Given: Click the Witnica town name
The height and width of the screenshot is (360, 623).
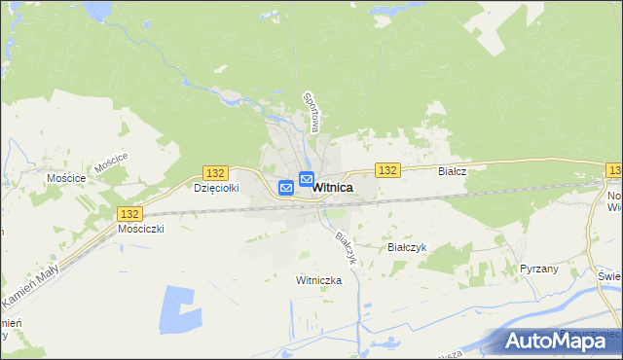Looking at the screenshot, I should [x=333, y=187].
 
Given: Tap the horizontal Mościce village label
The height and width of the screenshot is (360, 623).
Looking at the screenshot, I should [x=66, y=179].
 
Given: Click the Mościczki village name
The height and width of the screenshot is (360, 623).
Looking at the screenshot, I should [x=141, y=229].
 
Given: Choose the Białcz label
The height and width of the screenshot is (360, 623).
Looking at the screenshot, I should [x=453, y=170].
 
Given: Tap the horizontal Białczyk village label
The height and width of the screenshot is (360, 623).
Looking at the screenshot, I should [x=407, y=247].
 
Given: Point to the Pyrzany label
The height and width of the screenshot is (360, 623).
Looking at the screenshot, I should [x=539, y=268].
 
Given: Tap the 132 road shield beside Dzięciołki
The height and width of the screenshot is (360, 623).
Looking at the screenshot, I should [x=216, y=172].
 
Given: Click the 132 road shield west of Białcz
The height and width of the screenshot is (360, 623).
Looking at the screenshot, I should [x=387, y=169].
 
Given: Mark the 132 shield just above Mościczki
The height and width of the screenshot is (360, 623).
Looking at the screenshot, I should [x=128, y=213].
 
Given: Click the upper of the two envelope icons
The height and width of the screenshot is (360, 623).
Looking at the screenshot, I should [x=306, y=179].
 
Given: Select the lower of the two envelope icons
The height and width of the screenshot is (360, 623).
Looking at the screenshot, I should [x=287, y=187].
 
